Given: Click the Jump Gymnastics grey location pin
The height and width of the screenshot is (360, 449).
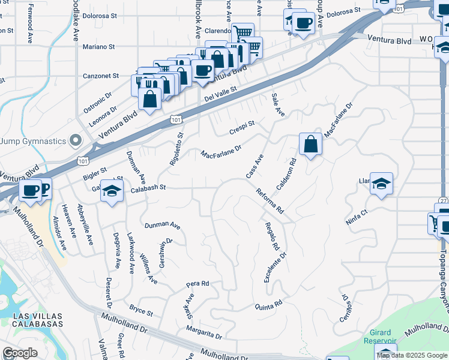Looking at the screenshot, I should click(x=75, y=140).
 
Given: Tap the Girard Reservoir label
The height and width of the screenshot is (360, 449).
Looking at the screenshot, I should click(x=381, y=337).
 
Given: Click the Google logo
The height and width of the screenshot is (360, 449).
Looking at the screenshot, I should click(x=20, y=353).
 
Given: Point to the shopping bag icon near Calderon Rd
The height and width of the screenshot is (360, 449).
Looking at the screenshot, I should click(x=310, y=145).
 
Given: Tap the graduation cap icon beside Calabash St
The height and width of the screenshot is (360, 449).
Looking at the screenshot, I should click(x=111, y=190).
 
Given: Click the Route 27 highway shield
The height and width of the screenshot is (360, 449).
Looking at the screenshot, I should click(x=443, y=201).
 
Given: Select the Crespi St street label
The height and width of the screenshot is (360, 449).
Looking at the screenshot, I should click(x=242, y=127).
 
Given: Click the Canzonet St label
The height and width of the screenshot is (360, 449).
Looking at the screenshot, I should click(x=100, y=76).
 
